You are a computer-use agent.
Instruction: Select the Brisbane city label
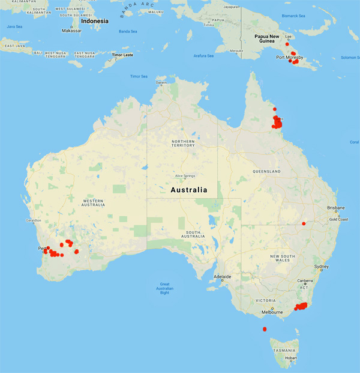pyautogui.click(x=335, y=207)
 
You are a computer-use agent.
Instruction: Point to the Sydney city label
pyautogui.click(x=321, y=266)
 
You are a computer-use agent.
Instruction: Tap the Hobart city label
pyautogui.click(x=291, y=358)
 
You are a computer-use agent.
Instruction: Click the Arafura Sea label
pyautogui.click(x=203, y=56)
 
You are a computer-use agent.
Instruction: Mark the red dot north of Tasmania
pyautogui.click(x=265, y=329)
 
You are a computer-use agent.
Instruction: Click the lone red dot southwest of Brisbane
pyautogui.click(x=304, y=223)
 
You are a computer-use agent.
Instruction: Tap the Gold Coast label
pyautogui.click(x=339, y=219)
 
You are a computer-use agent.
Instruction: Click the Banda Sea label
pyautogui.click(x=127, y=31)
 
